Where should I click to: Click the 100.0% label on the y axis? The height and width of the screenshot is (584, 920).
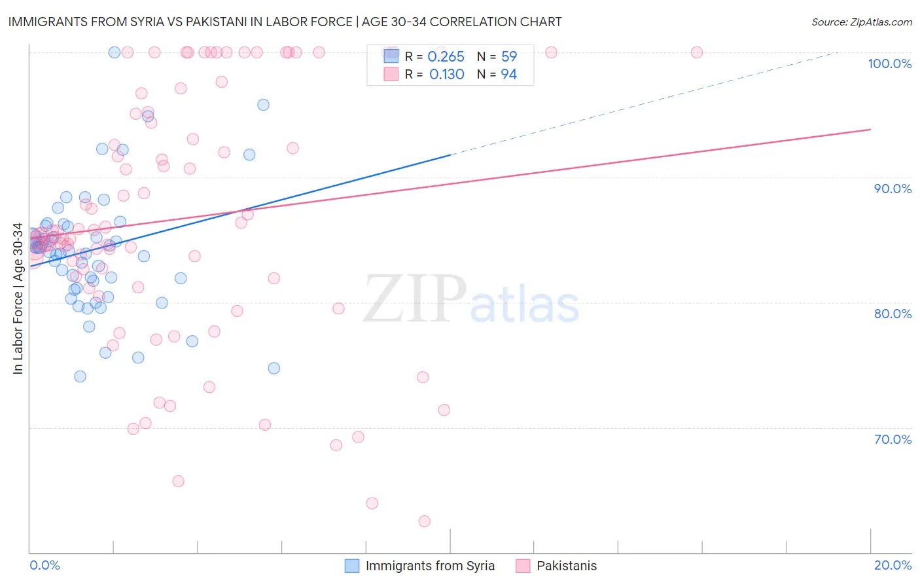889,64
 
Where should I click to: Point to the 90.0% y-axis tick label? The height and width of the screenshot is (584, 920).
893,189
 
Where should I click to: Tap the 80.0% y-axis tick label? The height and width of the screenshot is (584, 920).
893,314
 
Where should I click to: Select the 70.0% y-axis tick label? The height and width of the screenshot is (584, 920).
893,439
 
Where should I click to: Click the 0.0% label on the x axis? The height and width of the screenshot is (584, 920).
44,565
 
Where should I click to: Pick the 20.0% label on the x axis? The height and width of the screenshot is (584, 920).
893,565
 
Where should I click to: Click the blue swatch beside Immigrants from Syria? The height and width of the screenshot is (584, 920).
352,566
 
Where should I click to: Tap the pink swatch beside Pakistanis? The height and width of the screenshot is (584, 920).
523,566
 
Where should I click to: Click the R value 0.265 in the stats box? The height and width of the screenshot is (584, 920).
446,57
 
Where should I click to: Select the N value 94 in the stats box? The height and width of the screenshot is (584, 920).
508,75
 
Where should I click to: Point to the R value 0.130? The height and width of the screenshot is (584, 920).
446,75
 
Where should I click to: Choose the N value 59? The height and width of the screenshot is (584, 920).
508,57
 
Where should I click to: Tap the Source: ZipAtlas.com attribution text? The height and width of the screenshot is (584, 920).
861,22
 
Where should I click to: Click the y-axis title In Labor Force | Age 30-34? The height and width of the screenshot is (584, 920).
18,299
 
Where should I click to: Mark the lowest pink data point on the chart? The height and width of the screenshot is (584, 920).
424,521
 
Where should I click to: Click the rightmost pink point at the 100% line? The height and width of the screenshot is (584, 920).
697,52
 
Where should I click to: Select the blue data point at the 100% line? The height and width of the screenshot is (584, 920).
114,52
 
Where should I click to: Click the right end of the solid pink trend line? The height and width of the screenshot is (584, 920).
870,130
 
